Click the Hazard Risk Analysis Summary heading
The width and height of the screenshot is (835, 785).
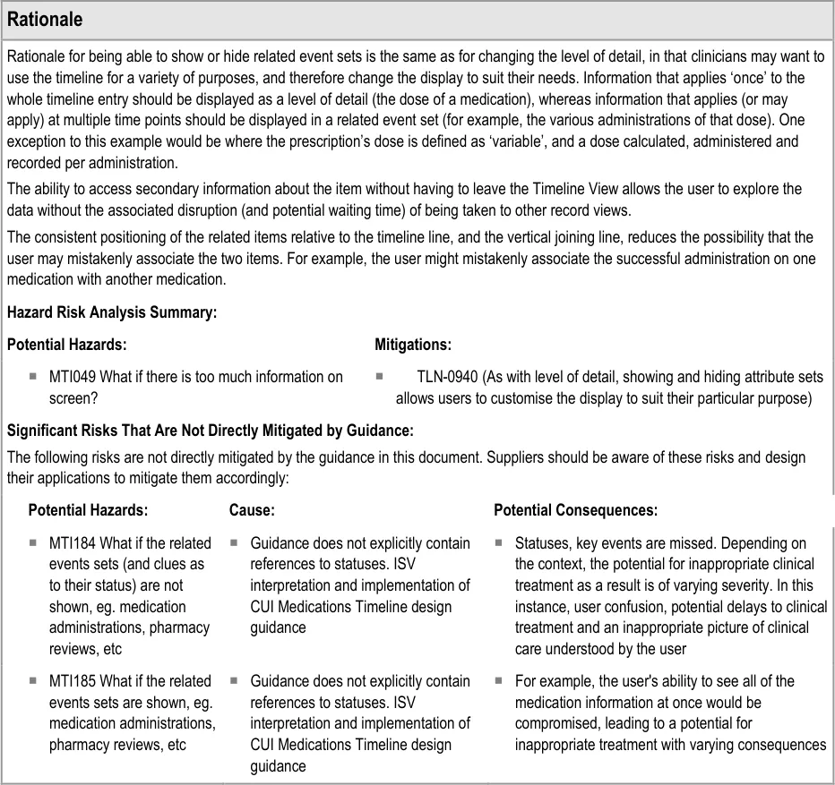coord(112,312)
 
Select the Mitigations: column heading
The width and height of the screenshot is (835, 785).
coord(413,345)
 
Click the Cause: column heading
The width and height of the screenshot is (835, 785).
coord(252,510)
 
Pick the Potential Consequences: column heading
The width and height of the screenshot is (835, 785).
coord(575,510)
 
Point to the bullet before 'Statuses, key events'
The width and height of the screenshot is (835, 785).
coord(499,543)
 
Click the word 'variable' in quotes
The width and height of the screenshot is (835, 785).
coord(566,142)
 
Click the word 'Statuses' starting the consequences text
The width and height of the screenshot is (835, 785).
coord(542,543)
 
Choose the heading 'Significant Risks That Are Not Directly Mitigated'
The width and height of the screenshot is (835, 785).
coord(210,431)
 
